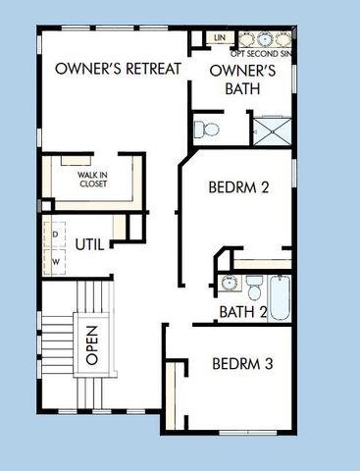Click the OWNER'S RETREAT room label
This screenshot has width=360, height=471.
[x=118, y=69]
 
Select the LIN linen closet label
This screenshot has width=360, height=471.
[x=220, y=37]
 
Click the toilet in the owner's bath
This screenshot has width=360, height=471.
[x=206, y=128]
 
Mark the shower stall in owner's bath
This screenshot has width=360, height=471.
[x=272, y=131]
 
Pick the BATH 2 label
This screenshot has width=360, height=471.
[x=243, y=313]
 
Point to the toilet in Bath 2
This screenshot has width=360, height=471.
[x=253, y=288]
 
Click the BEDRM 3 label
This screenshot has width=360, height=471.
[x=242, y=365]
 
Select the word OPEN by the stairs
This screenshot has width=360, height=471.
[x=91, y=344]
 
